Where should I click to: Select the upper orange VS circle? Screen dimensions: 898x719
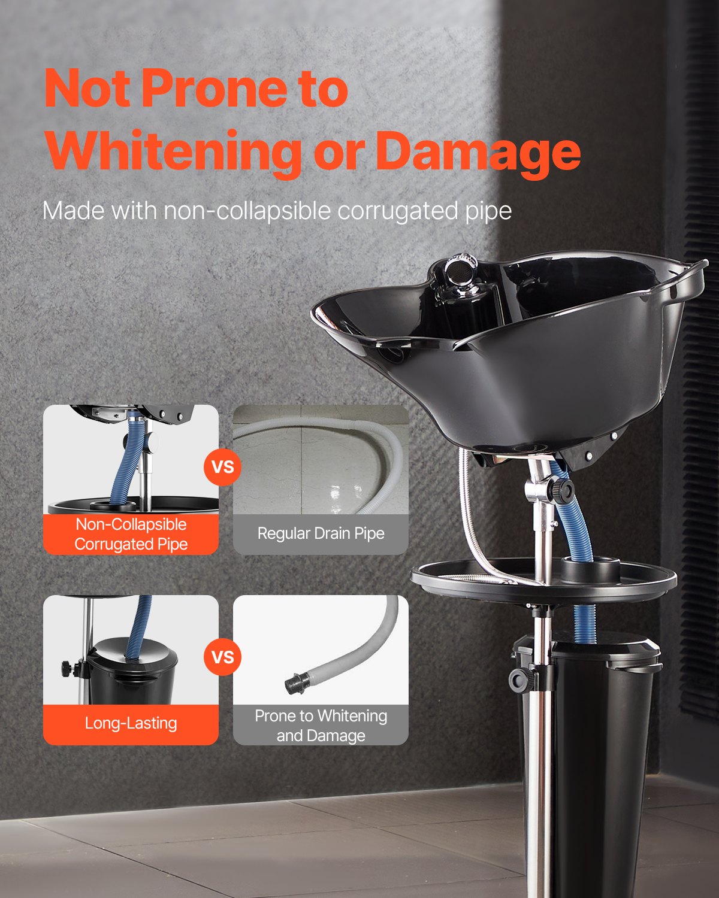[223, 466]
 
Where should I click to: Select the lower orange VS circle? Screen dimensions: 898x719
[223, 657]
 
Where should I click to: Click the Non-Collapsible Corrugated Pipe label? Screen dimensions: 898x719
[131, 534]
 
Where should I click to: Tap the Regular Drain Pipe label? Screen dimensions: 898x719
[321, 533]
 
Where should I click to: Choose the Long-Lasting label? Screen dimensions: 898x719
[131, 723]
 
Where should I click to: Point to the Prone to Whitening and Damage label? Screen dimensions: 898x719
[321, 725]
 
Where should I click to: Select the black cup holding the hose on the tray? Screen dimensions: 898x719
[590, 569]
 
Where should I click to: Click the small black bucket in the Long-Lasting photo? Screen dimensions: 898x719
[132, 671]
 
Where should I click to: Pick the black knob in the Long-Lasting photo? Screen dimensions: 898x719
[67, 666]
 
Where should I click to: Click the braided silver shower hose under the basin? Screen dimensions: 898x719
[467, 515]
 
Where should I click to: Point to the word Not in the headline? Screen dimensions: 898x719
[87, 89]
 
